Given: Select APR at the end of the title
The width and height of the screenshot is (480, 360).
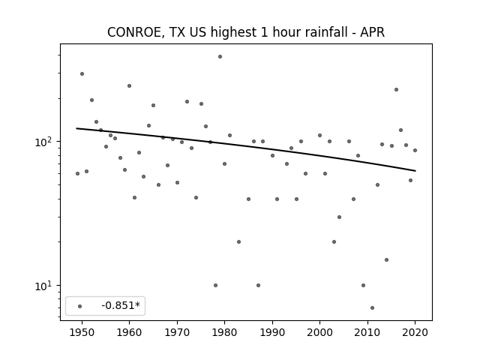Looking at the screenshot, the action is click(x=372, y=32).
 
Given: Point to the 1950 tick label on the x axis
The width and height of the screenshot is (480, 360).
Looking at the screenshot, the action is click(x=82, y=332).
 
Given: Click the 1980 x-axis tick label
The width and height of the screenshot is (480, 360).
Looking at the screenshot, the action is click(x=224, y=332).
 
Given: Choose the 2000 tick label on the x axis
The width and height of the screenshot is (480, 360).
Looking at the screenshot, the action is click(x=319, y=332).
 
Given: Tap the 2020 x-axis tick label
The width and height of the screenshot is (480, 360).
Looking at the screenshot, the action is click(x=415, y=332).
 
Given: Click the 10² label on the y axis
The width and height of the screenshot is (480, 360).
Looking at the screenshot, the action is click(x=44, y=142).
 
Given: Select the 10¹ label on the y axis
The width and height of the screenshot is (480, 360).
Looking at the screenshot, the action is click(x=44, y=286).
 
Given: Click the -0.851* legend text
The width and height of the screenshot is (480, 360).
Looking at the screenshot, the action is click(x=121, y=305).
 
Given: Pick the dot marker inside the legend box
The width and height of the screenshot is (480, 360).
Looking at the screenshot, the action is click(x=80, y=306).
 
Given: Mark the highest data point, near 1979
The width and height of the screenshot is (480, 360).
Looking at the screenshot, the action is click(x=220, y=57).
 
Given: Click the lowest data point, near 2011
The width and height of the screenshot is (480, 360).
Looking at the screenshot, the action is click(x=372, y=307).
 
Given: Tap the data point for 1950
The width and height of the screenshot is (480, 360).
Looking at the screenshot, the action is click(x=82, y=73).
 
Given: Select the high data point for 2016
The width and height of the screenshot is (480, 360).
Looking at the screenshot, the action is click(x=396, y=90).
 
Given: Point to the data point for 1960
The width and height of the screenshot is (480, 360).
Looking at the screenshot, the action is click(x=130, y=86).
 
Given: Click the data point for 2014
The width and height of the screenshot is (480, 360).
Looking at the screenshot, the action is click(x=387, y=260).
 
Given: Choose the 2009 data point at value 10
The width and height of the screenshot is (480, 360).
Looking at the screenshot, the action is click(x=363, y=285).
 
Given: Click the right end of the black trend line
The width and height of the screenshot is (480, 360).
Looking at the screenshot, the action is click(x=415, y=171).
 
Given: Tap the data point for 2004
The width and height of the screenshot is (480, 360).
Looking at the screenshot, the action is click(x=339, y=217).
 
